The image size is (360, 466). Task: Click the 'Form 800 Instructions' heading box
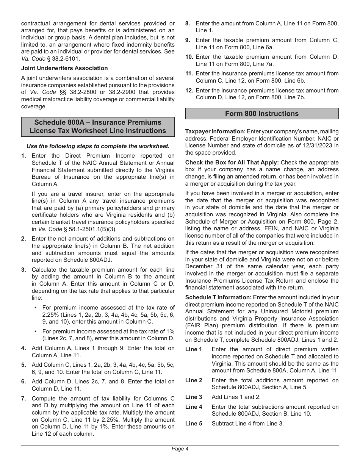[x=262, y=114]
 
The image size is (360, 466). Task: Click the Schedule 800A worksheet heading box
[x=98, y=127]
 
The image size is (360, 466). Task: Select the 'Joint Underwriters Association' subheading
[x=64, y=68]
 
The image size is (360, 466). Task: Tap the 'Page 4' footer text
[x=180, y=449]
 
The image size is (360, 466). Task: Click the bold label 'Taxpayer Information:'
[x=215, y=131]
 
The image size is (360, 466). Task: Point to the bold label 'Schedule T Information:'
[x=218, y=298]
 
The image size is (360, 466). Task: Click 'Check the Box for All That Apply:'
[x=232, y=163]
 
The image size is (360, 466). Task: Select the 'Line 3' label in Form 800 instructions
[x=194, y=397]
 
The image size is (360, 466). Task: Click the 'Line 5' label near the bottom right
[x=194, y=424]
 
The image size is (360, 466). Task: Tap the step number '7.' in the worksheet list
[x=24, y=399]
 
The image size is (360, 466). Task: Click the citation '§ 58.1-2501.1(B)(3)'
[x=77, y=229]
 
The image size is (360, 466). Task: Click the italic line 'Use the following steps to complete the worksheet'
[x=98, y=146]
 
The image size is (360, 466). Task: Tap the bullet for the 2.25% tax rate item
[x=35, y=308]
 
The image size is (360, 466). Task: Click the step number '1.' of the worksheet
[x=24, y=156]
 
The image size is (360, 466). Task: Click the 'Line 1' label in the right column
[x=194, y=349]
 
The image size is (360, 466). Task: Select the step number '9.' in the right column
[x=188, y=40]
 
